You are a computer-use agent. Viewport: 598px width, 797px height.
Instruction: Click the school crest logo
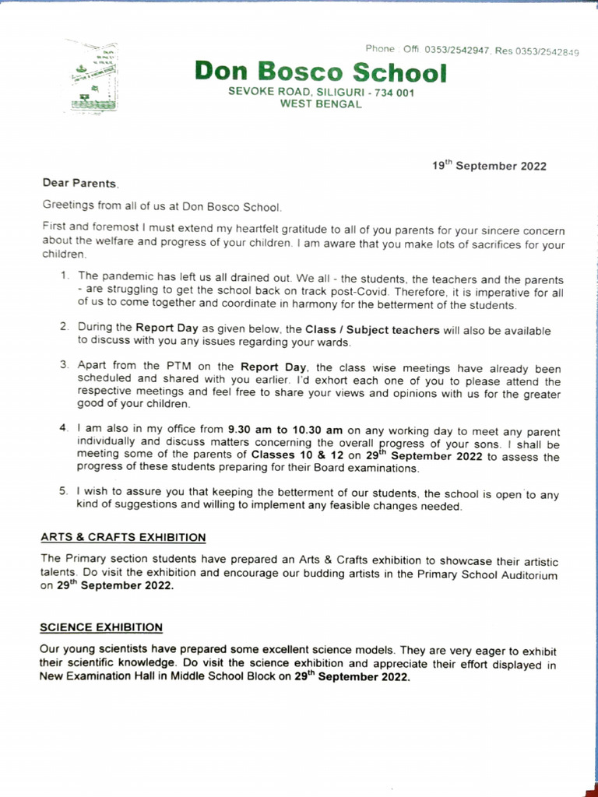91,77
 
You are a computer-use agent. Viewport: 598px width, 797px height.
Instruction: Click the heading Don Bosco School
321,72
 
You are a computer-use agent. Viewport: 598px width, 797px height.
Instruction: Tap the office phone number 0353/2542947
456,50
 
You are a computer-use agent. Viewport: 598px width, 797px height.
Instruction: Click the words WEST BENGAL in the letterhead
321,104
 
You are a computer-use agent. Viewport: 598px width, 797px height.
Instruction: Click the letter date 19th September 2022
489,166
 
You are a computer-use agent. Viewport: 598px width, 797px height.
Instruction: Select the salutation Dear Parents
79,183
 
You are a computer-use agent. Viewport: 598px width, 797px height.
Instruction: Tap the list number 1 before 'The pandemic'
65,276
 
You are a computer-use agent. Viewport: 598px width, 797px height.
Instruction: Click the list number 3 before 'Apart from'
65,364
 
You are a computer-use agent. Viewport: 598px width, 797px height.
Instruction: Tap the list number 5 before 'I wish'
64,492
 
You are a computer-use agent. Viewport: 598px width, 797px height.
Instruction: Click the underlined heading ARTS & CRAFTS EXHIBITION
123,537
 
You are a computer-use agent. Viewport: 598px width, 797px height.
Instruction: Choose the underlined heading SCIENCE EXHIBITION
101,627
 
